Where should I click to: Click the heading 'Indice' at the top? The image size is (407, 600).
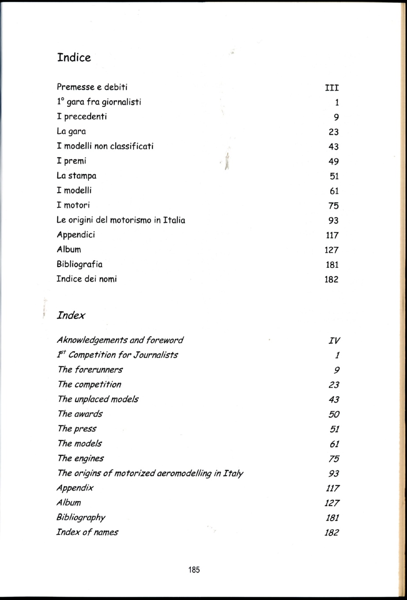pos(74,57)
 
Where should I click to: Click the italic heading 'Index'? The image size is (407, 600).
pos(71,315)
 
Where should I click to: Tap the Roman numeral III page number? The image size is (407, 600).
pos(332,88)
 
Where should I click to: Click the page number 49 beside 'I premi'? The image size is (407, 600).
pos(334,161)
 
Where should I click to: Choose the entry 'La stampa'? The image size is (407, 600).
pos(76,176)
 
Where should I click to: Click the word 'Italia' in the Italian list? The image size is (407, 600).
pos(174,220)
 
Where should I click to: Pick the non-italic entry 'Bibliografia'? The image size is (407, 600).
pos(79,264)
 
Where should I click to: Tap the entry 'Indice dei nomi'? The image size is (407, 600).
pos(87,279)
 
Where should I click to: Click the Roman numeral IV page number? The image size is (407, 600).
pos(334,341)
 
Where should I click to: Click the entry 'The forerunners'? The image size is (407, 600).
pos(90,369)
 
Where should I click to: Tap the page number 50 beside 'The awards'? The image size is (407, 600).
pos(334,414)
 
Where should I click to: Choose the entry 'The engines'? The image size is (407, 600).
pos(80,458)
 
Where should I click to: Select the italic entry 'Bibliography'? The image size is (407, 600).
pos(81,517)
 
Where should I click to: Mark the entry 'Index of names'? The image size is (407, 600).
pos(87,532)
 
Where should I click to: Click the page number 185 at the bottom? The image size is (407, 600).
pos(194,570)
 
